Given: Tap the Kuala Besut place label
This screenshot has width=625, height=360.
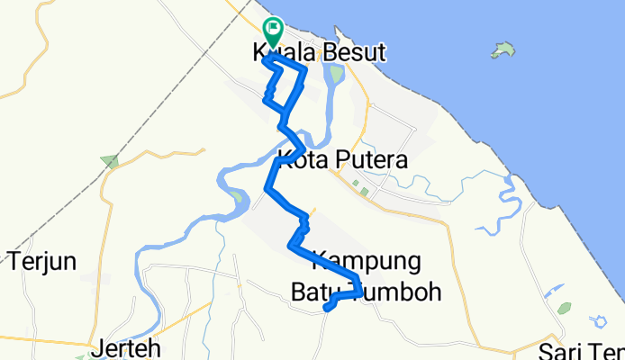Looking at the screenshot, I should [x=320, y=54].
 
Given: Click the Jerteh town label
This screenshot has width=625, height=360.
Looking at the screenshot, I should [x=126, y=348].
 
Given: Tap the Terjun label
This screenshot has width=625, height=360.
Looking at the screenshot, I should [x=42, y=261].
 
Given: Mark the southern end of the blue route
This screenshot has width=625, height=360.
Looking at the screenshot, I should [x=326, y=309].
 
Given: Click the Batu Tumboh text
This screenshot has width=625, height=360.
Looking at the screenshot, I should [x=366, y=291].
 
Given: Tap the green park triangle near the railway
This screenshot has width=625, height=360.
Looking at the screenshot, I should [x=109, y=162].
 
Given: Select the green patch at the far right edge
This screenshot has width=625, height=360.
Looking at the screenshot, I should [x=564, y=309].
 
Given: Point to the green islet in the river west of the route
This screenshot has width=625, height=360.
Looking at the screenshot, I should [x=236, y=195].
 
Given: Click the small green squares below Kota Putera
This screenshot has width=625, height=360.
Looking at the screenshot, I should [x=360, y=189].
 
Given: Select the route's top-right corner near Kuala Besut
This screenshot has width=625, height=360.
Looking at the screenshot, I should [x=305, y=69].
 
